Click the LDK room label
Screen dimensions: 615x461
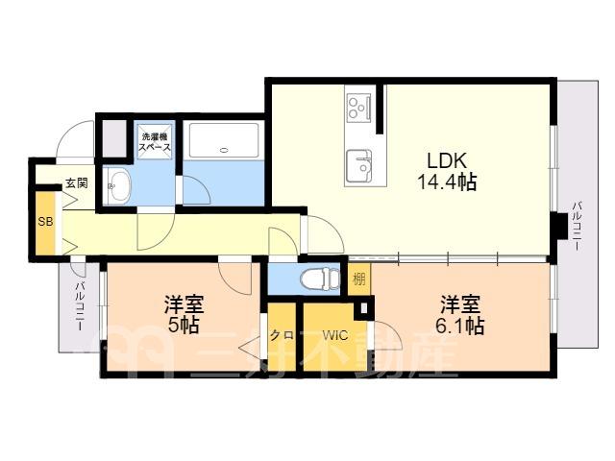(447, 160)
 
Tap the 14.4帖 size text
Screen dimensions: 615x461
(447, 182)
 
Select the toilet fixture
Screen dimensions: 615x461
(319, 279)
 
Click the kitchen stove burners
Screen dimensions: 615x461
(358, 107)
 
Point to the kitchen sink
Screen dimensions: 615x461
(358, 165)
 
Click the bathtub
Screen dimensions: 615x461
(224, 141)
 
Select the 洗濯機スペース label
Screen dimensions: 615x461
(156, 142)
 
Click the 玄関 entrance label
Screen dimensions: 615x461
(77, 183)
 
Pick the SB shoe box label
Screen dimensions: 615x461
(45, 222)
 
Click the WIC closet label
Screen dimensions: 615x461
(335, 335)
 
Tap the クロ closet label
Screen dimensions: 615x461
(282, 335)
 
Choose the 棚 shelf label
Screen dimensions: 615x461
(359, 279)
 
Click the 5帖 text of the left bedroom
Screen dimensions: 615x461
(184, 325)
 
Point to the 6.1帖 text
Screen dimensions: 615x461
(460, 326)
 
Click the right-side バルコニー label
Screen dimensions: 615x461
(577, 226)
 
